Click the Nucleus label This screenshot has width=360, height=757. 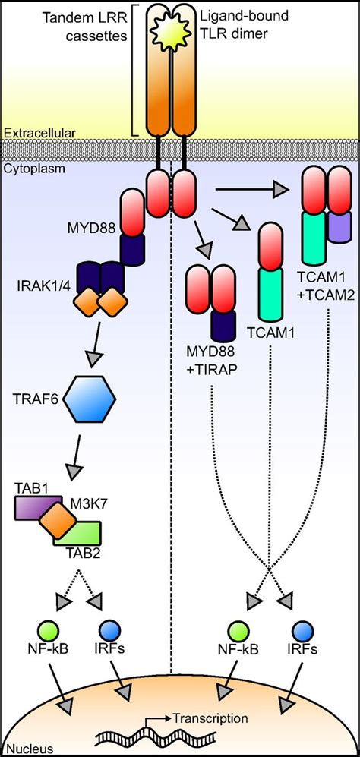pos(21,749)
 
